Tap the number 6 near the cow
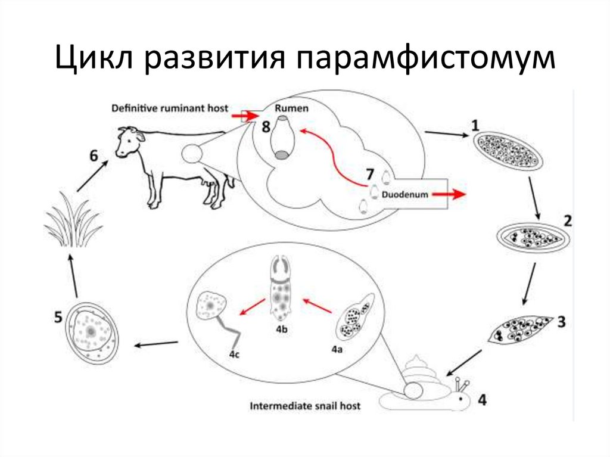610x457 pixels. click(94, 156)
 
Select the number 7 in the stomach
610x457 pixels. click(369, 175)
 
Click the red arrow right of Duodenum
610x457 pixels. click(449, 194)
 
